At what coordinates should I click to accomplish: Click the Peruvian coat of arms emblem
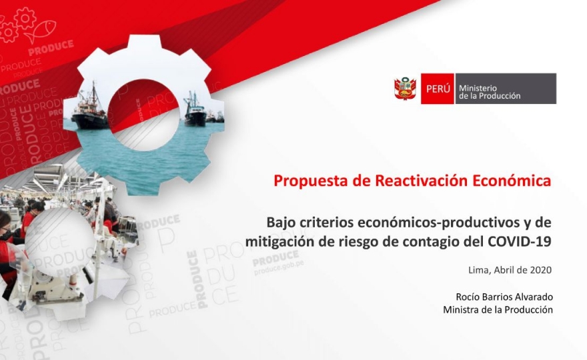click(405, 89)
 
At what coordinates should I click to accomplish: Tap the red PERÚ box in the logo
click(438, 89)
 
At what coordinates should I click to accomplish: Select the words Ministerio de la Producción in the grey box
click(490, 92)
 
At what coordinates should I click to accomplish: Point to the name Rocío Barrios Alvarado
click(504, 297)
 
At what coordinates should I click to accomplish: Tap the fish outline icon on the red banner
click(40, 31)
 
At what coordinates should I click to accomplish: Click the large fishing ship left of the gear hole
click(90, 111)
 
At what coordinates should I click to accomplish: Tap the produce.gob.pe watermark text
click(279, 267)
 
